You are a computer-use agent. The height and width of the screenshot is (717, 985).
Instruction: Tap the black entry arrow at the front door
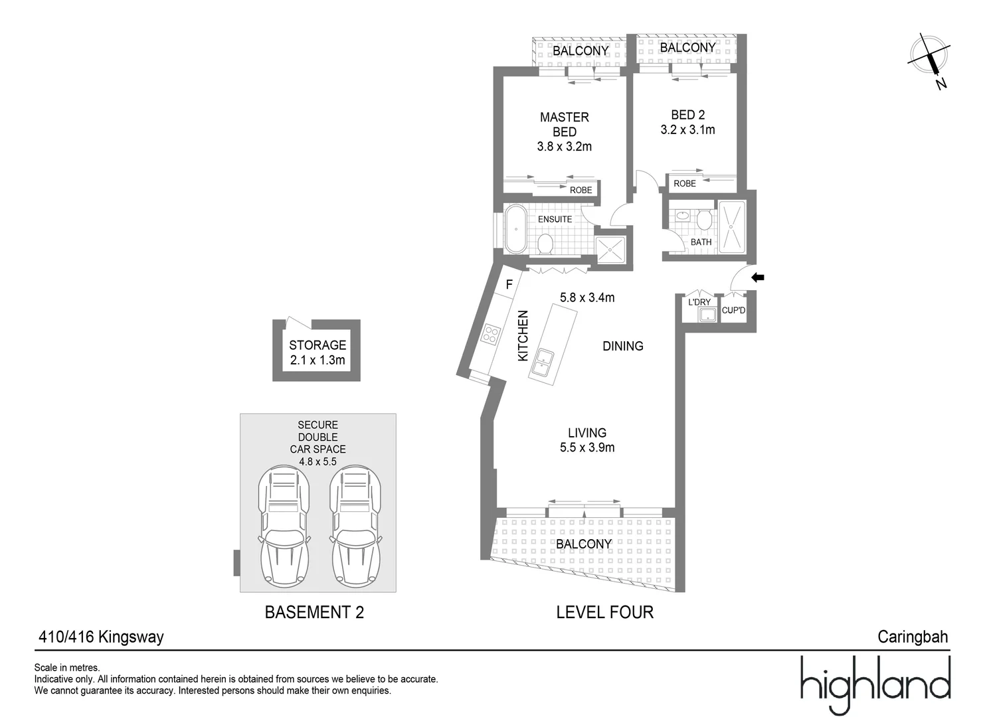click(757, 278)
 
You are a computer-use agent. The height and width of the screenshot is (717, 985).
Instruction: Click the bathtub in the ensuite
click(515, 229)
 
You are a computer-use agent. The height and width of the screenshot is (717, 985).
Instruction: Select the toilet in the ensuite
click(545, 243)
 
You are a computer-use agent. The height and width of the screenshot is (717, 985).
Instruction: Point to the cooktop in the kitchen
click(490, 333)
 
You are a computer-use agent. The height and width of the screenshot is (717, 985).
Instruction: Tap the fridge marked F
click(509, 285)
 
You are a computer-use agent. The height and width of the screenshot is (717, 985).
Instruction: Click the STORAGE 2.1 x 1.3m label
click(317, 353)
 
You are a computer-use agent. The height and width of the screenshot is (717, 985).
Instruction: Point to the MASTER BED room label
click(564, 125)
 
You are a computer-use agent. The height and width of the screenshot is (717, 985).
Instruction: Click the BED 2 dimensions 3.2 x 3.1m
click(687, 130)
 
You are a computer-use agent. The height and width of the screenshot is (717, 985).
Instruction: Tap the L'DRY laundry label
click(699, 302)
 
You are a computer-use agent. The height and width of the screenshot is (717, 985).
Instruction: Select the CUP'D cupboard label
click(733, 310)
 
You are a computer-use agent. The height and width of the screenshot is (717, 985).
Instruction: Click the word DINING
click(622, 346)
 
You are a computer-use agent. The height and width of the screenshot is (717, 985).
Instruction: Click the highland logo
click(875, 684)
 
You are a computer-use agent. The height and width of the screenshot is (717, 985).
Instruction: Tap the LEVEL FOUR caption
click(604, 612)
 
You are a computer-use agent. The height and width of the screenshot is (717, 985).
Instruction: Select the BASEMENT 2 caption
click(314, 612)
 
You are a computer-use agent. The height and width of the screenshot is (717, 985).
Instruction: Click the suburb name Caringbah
click(913, 637)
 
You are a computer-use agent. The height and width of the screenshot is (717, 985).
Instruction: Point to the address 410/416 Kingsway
click(102, 637)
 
